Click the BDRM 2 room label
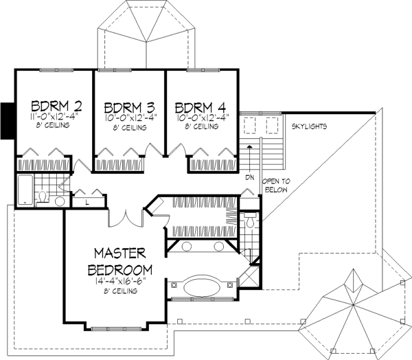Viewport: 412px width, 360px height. [56, 106]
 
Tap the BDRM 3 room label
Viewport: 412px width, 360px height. [129, 108]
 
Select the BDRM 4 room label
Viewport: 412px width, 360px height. [201, 107]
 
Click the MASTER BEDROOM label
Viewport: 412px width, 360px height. [119, 262]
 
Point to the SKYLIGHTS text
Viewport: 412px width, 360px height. [309, 126]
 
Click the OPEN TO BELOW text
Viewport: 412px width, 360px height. [276, 185]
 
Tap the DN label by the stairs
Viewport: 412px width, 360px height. [250, 178]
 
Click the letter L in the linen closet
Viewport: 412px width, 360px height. [87, 203]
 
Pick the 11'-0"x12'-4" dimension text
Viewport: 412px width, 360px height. [55, 117]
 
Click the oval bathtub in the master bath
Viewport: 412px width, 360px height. [202, 287]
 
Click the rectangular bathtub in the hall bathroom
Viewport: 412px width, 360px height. [25, 190]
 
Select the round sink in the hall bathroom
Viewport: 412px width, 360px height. [60, 201]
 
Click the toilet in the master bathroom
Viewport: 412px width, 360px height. [250, 221]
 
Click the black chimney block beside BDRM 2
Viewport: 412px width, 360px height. [8, 121]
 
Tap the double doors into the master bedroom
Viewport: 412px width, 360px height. [126, 219]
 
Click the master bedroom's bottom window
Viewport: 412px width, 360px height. [116, 328]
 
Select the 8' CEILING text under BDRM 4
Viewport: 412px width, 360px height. [201, 126]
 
